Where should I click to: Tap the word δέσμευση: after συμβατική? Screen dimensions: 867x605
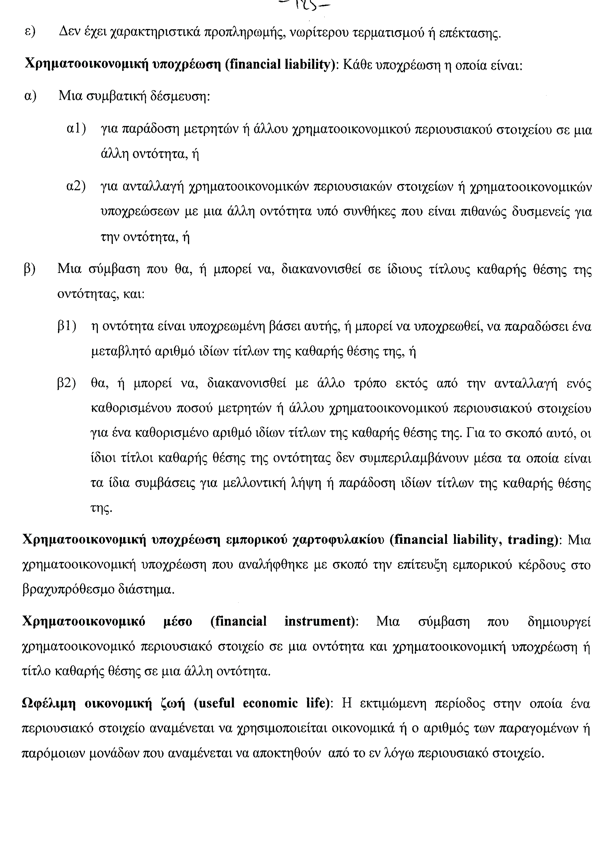[x=180, y=97]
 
